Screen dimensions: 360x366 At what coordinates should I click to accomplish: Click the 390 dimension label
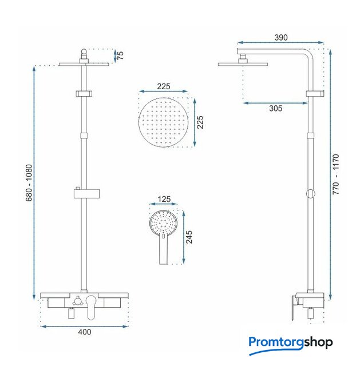point(280,38)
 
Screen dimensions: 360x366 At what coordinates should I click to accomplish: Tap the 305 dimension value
point(276,108)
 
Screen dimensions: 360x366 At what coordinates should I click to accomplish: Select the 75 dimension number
point(120,55)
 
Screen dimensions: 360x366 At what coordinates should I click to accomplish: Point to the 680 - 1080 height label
point(29,183)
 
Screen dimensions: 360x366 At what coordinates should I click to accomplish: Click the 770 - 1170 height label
point(336,174)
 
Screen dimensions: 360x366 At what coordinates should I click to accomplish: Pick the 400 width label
point(85,332)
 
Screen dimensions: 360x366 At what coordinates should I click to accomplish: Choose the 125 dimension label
point(164,199)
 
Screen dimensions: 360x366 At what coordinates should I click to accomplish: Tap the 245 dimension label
point(189,237)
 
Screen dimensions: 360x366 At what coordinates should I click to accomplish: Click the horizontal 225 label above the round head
point(164,86)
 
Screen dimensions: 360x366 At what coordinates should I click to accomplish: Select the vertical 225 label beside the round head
point(200,122)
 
